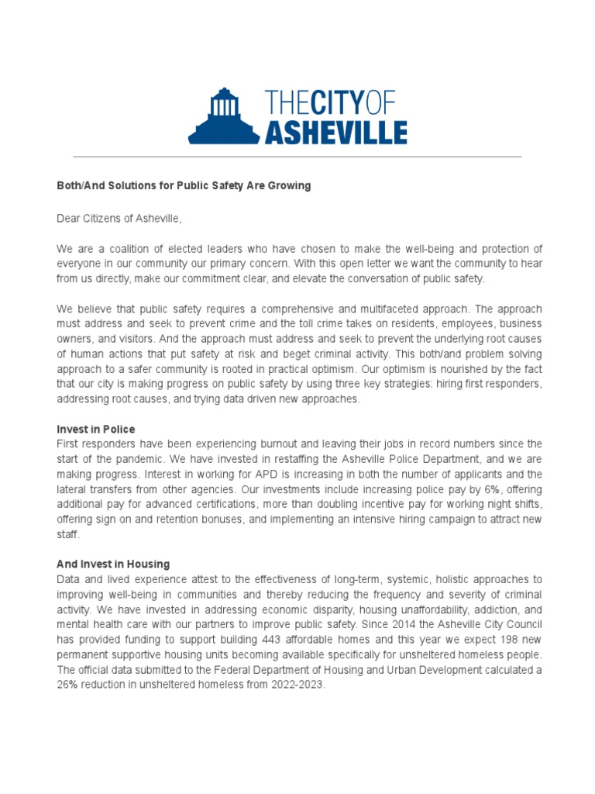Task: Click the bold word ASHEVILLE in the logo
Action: pyautogui.click(x=335, y=132)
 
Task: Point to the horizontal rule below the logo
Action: pyautogui.click(x=297, y=157)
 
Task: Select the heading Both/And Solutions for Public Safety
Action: pyautogui.click(x=184, y=186)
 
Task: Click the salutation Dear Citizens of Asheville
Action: pyautogui.click(x=119, y=219)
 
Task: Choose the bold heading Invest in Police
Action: pyautogui.click(x=96, y=429)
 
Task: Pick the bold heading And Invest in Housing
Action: pyautogui.click(x=113, y=564)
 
